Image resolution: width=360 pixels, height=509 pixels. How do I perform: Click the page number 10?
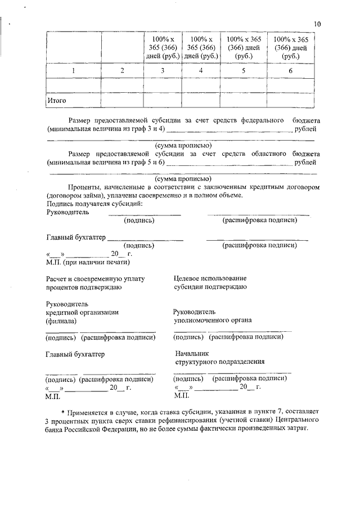pyautogui.click(x=317, y=24)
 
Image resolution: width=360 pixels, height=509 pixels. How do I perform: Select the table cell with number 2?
pyautogui.click(x=122, y=71)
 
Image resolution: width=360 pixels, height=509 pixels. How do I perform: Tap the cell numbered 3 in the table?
pyautogui.click(x=163, y=71)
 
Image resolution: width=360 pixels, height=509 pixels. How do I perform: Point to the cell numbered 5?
pyautogui.click(x=244, y=71)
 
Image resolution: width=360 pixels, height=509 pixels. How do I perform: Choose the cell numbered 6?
pyautogui.click(x=290, y=71)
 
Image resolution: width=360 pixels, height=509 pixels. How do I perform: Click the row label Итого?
pyautogui.click(x=57, y=101)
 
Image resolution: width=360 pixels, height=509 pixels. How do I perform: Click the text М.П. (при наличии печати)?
pyautogui.click(x=88, y=261)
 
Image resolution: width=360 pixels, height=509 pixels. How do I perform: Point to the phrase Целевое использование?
pyautogui.click(x=210, y=278)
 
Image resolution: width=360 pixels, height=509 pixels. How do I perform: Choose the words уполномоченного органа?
pyautogui.click(x=213, y=321)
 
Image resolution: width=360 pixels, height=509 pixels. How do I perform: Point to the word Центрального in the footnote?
pyautogui.click(x=300, y=421)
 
